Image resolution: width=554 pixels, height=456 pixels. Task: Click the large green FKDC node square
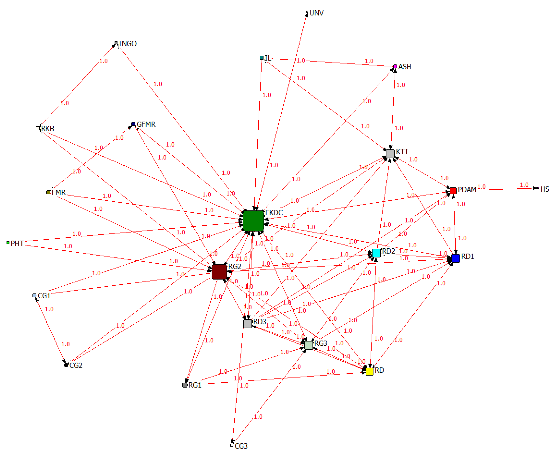[253, 221]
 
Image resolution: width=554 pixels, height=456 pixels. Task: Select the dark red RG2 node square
[219, 272]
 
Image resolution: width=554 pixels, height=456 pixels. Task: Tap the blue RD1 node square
[455, 258]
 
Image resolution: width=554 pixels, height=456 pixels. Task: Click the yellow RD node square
[369, 371]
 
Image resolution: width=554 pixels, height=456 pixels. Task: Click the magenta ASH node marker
[395, 66]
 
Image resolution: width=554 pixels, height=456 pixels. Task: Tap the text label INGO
[128, 44]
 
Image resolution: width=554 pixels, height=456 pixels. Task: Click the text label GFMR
[146, 124]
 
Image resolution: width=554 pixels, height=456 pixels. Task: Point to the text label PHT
[17, 243]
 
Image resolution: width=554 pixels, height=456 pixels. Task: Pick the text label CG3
[241, 446]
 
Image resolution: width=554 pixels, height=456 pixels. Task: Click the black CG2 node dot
[66, 365]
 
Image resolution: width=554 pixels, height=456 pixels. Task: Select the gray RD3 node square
[247, 323]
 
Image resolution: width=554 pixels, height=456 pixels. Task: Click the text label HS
[545, 189]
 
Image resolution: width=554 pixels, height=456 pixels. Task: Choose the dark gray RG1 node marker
[185, 385]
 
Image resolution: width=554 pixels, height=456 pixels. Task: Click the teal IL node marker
[261, 58]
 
